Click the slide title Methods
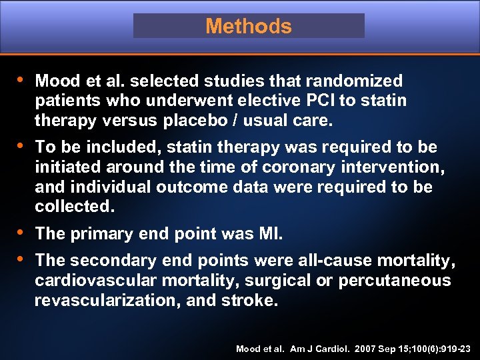tap(249, 26)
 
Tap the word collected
tap(75, 207)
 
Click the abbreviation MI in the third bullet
tap(269, 234)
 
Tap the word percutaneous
tap(394, 280)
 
